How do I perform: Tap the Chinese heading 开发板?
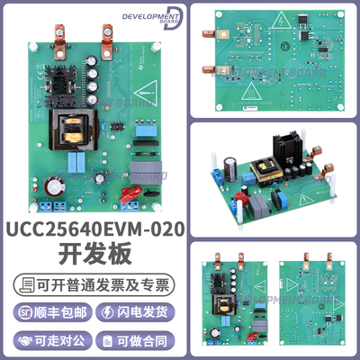(x=95, y=256)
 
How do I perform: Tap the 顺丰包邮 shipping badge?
(x=49, y=313)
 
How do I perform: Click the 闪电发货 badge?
(x=140, y=313)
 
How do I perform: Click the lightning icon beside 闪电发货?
(x=111, y=313)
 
